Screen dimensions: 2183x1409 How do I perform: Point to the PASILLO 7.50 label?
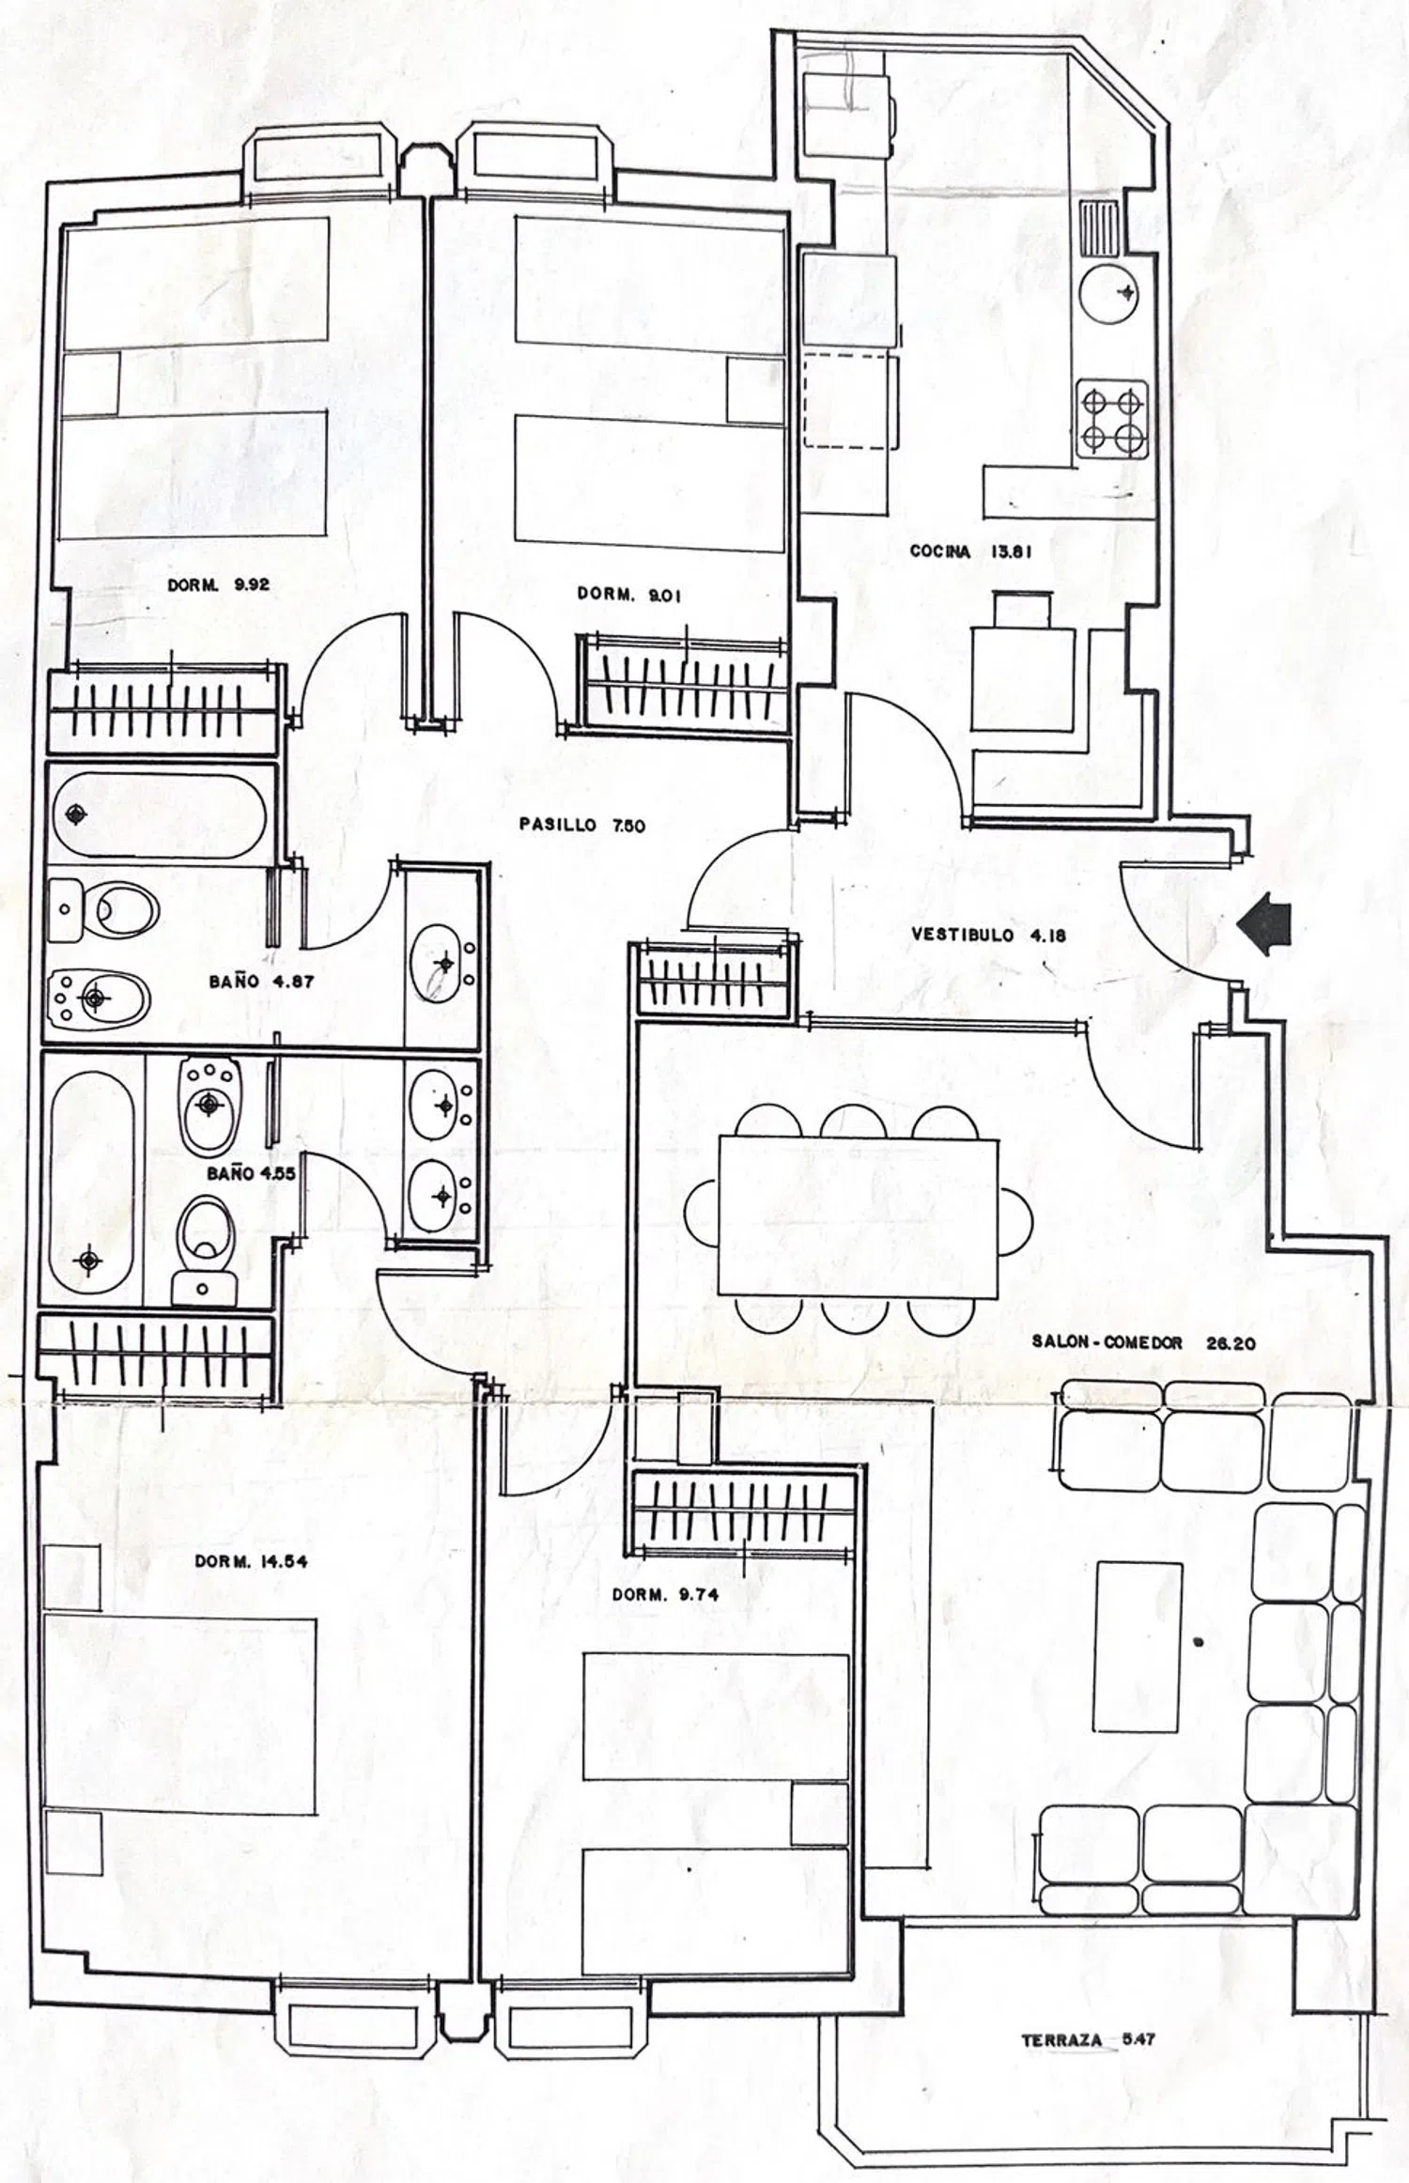(x=581, y=825)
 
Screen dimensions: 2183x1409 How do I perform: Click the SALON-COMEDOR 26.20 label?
(x=1143, y=1342)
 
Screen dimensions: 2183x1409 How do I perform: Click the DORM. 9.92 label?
(x=219, y=584)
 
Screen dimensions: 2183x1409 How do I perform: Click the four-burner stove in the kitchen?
(x=1113, y=419)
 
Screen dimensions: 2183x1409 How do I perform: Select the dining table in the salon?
(x=857, y=1216)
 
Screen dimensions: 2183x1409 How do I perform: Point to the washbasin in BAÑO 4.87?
(x=441, y=963)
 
